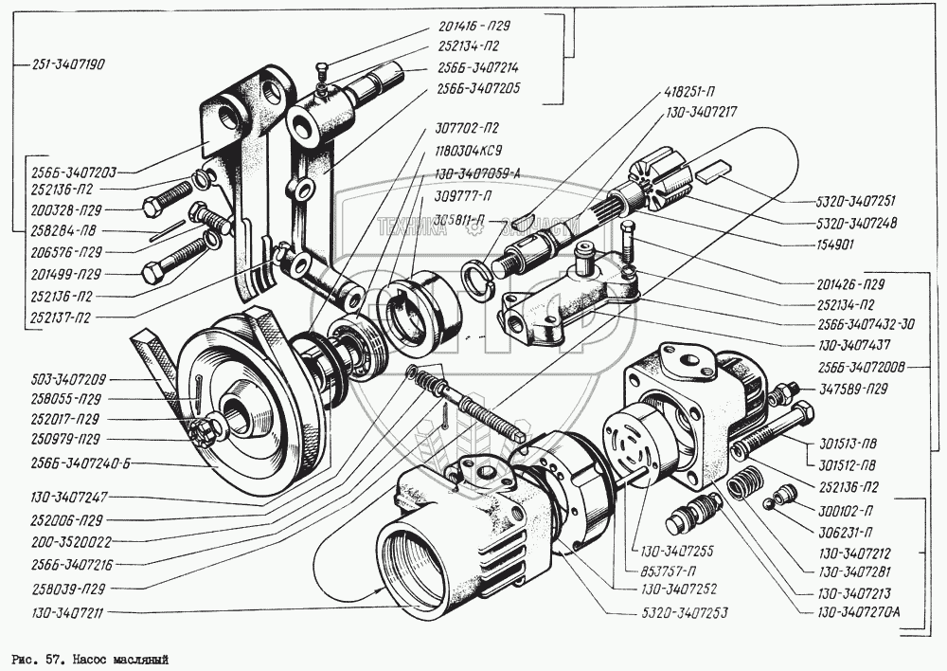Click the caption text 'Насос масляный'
[x=119, y=657]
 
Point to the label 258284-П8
[x=64, y=231]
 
